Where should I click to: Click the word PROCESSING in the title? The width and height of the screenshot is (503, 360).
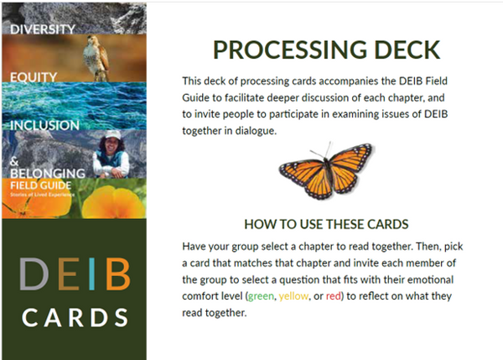pos(280,50)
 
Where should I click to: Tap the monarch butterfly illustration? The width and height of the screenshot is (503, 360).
pos(325,170)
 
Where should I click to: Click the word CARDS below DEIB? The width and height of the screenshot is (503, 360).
pos(75,318)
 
